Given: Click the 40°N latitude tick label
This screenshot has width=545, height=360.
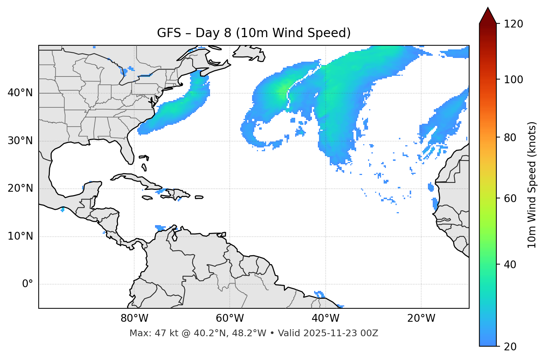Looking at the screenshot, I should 20,93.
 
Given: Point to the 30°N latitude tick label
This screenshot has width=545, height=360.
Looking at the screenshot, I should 20,141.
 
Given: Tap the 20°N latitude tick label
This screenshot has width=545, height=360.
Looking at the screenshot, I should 20,188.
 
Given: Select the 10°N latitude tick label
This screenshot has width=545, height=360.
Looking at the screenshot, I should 20,236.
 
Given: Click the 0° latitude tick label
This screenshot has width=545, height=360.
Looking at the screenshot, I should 28,284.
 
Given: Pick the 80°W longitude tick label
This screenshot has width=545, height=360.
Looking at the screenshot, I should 134,318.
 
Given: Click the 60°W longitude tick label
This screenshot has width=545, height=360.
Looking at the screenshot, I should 230,318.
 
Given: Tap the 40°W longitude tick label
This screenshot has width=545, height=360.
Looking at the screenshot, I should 325,318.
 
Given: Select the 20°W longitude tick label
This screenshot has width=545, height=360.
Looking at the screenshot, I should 421,318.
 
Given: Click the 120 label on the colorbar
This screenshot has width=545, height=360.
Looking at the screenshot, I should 513,24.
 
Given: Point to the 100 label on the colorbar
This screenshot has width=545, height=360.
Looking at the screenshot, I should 513,80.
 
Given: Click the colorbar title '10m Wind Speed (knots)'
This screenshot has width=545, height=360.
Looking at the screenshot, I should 532,185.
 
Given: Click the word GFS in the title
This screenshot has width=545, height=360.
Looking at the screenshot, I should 169,33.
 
